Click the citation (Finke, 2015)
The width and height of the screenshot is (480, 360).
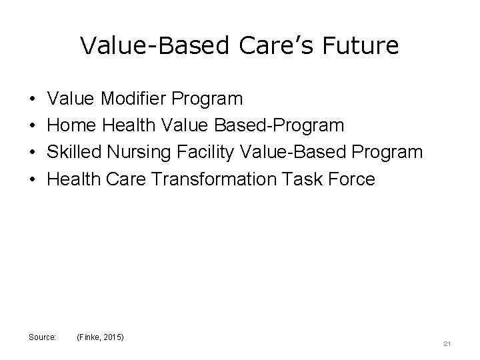[101, 338]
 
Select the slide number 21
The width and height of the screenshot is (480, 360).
[447, 344]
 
